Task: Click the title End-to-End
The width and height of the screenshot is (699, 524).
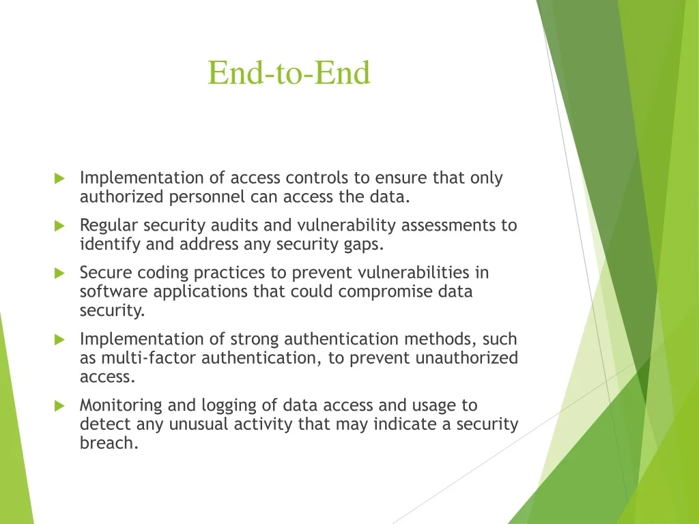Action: pos(289,72)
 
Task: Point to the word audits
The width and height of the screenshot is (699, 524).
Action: pos(235,225)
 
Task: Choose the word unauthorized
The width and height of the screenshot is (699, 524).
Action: pos(467,358)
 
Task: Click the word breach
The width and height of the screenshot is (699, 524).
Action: pos(109,443)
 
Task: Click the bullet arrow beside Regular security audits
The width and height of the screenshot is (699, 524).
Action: pos(60,226)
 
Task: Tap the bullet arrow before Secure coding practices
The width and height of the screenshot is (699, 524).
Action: pos(60,273)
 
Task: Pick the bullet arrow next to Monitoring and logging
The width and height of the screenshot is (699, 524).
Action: pos(60,406)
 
